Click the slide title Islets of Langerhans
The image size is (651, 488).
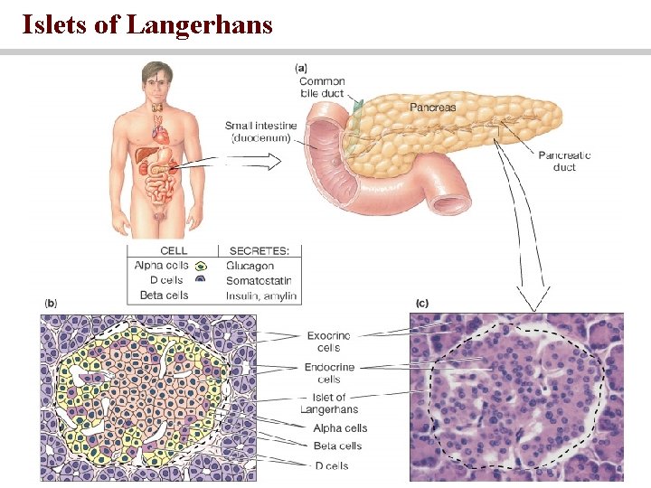(147, 23)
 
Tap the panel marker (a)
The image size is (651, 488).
(302, 67)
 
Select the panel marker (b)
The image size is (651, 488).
(51, 303)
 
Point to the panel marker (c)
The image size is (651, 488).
(421, 303)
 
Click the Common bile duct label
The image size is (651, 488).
(322, 87)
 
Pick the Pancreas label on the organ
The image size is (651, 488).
(432, 107)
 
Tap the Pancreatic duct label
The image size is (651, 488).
(564, 161)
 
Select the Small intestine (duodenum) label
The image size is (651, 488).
(261, 132)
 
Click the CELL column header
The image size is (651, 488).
(174, 250)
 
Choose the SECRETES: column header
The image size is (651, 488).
(259, 250)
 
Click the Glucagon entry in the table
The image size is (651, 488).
(250, 267)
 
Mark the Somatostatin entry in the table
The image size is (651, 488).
(259, 280)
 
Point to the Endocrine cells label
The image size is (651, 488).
(329, 372)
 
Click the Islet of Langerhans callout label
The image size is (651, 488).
(329, 403)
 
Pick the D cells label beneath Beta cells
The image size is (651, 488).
(331, 465)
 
